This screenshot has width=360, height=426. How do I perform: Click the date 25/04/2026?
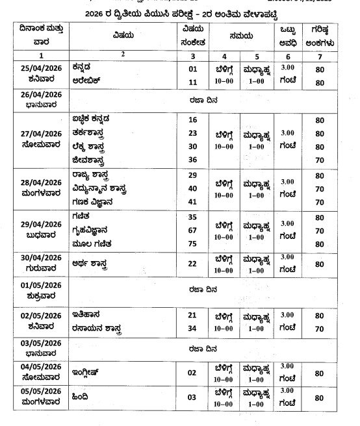[x=40, y=68]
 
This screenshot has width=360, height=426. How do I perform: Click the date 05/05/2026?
[x=40, y=392]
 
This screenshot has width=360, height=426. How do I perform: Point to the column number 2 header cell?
[x=123, y=55]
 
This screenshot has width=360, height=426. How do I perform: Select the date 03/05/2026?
[x=40, y=343]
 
